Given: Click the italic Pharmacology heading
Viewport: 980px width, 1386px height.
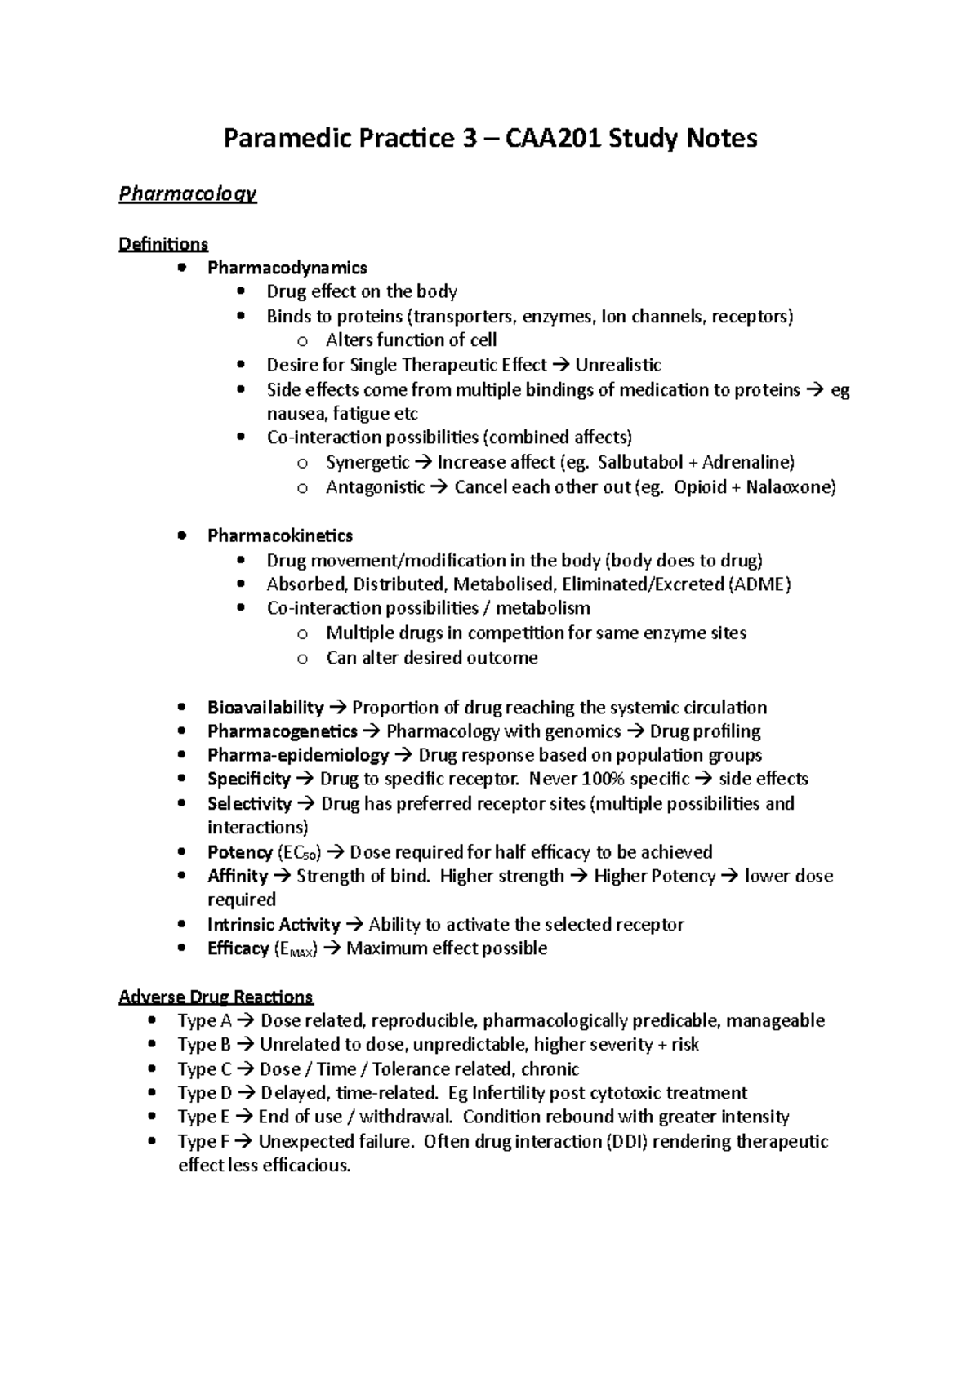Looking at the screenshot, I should pyautogui.click(x=187, y=194).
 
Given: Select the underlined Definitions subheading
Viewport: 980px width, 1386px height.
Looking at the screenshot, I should pyautogui.click(x=163, y=244).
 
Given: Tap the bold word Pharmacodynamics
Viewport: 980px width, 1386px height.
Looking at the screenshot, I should pyautogui.click(x=287, y=268).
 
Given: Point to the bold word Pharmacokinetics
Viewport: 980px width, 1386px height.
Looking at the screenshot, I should pyautogui.click(x=280, y=535).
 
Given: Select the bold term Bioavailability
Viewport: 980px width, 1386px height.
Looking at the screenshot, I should pyautogui.click(x=265, y=707).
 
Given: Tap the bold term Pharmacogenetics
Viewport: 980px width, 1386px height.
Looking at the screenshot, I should pyautogui.click(x=283, y=731).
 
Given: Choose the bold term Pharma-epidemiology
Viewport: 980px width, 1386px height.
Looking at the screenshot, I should pyautogui.click(x=298, y=755).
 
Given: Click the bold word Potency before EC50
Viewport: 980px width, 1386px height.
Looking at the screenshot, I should pyautogui.click(x=240, y=852).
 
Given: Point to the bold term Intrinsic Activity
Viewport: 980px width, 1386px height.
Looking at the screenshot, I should pyautogui.click(x=274, y=925).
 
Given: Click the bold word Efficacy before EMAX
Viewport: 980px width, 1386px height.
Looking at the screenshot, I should pyautogui.click(x=238, y=948).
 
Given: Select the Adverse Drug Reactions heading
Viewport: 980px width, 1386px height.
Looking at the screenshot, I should pyautogui.click(x=216, y=997).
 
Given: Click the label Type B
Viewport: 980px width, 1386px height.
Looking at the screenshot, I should pyautogui.click(x=198, y=1045).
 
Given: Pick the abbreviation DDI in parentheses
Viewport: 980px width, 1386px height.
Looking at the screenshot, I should pyautogui.click(x=626, y=1141).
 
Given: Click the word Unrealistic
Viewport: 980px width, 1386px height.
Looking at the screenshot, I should pyautogui.click(x=618, y=365).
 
